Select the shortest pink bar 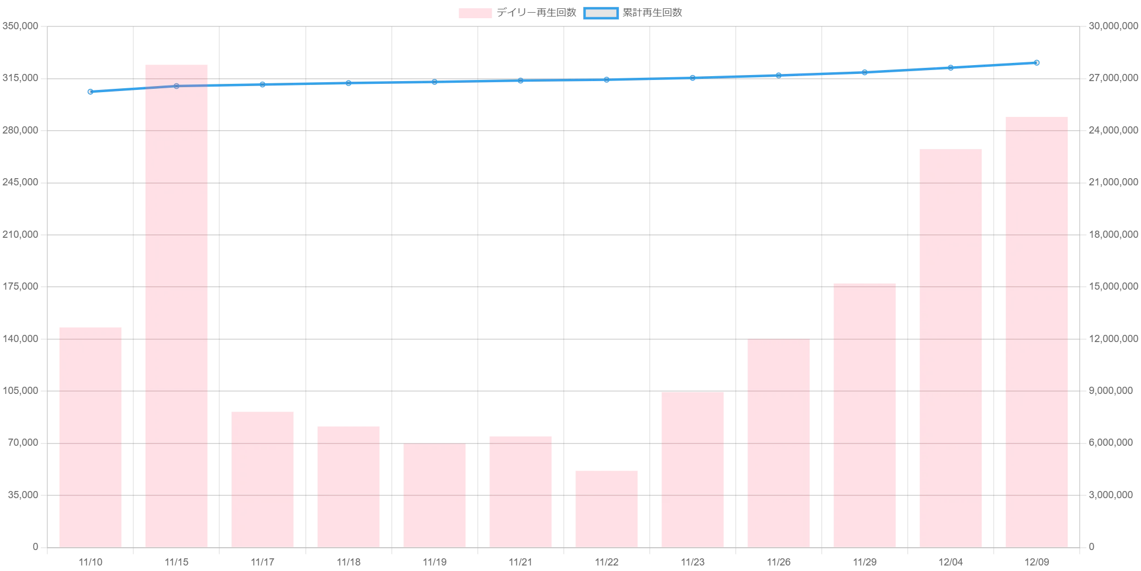(x=606, y=508)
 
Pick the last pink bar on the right (x=1038, y=331)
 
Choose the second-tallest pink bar (x=1038, y=331)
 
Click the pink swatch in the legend (x=476, y=13)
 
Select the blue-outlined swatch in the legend (x=601, y=13)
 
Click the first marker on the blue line (x=90, y=92)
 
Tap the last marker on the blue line (x=1037, y=62)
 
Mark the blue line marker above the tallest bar (x=176, y=86)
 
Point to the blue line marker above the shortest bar (x=606, y=79)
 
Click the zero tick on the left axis (x=35, y=547)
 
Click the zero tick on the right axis (x=1092, y=547)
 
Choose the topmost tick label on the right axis (x=1113, y=26)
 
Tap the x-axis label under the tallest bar (x=177, y=563)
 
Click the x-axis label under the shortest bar (x=606, y=563)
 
